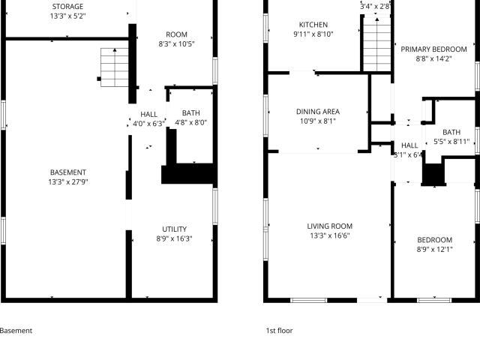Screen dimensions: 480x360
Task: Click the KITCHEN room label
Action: (x=313, y=25)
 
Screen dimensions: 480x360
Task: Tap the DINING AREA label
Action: (x=318, y=112)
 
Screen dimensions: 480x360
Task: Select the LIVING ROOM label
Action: (x=330, y=226)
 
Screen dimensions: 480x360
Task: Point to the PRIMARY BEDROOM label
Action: (x=433, y=49)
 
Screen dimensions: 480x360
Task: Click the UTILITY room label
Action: (x=174, y=229)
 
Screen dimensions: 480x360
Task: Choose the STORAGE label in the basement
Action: (x=67, y=7)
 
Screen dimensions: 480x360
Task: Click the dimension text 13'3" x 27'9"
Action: (x=68, y=181)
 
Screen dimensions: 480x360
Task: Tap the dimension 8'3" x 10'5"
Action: (x=176, y=44)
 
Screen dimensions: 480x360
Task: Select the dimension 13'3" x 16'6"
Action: (x=330, y=235)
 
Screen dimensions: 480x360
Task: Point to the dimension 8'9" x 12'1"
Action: (x=434, y=250)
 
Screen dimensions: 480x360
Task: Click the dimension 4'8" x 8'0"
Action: (x=190, y=123)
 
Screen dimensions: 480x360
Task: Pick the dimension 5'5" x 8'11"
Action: (x=451, y=142)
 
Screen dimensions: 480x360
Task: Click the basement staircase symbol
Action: (x=115, y=67)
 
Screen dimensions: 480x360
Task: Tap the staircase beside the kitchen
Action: (x=377, y=44)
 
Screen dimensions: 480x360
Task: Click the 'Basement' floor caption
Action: (x=16, y=331)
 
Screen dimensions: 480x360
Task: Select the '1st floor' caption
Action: (x=279, y=331)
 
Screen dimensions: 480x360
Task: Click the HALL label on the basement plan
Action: (x=148, y=115)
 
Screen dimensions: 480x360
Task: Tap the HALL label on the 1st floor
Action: (x=409, y=145)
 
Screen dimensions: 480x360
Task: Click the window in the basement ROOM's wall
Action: (x=215, y=70)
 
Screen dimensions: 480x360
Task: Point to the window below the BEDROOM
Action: (x=434, y=300)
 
